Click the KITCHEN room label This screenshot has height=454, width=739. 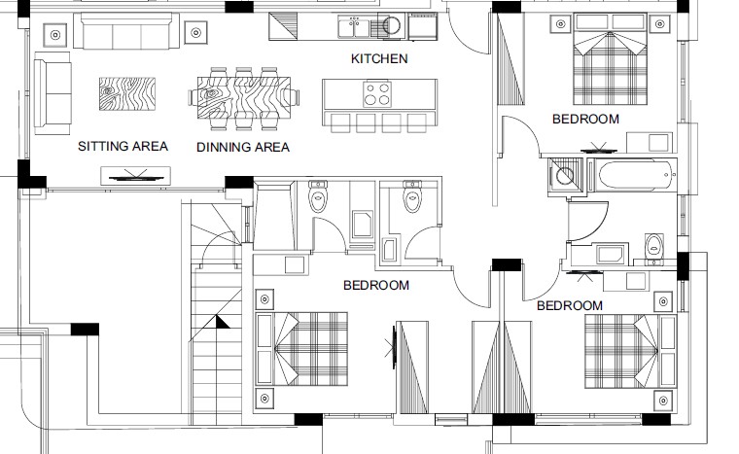coord(379,58)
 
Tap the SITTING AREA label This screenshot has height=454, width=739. coord(123,146)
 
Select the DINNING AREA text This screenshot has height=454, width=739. coord(243,147)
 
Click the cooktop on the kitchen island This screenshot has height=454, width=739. coord(377,94)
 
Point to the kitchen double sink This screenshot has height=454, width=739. coord(354,26)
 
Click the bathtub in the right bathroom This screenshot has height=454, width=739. coord(635,175)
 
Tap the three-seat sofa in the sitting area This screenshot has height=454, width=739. coord(126,31)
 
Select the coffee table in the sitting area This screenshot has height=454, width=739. coord(127,94)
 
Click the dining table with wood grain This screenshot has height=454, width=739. coord(244,97)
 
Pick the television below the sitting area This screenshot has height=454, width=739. coord(136,176)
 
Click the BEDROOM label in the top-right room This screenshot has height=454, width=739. coord(585,119)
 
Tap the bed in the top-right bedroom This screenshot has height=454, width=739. coord(610,59)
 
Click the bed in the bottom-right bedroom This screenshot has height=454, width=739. coord(631,351)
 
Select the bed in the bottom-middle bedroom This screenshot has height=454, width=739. coord(301,348)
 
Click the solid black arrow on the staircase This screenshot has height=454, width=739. coord(222,322)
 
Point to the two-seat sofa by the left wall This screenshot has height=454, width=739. coord(53,93)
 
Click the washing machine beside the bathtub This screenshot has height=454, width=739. coord(565,176)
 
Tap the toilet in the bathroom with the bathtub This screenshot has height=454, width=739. coord(653,246)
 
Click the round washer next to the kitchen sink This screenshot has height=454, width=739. coord(391,25)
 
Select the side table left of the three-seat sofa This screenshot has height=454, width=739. coord(55,34)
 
